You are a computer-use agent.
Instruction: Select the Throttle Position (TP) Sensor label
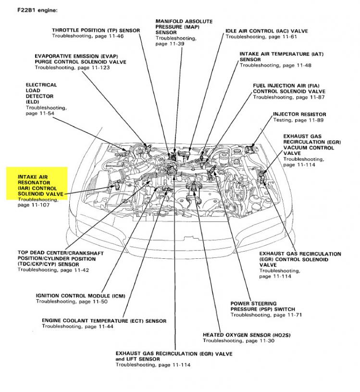(96, 30)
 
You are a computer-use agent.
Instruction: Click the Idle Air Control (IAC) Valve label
(267, 31)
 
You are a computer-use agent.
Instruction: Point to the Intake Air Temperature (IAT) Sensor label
(275, 56)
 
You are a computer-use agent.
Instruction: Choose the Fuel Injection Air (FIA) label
(289, 89)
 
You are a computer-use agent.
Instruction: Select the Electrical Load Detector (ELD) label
(41, 93)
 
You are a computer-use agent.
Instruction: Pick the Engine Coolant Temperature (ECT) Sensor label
(104, 321)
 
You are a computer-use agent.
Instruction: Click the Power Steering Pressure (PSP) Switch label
(262, 306)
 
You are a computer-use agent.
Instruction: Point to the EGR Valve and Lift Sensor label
(174, 356)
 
